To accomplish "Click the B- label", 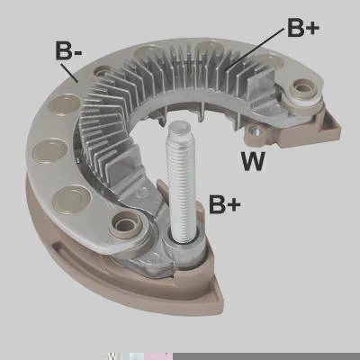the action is point(68,49).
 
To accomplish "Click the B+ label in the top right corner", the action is point(303,28).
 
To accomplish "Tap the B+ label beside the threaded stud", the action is point(225,204).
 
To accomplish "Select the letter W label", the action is point(253,161).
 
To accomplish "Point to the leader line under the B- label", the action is point(69,72).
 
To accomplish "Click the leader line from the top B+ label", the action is point(255,48).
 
